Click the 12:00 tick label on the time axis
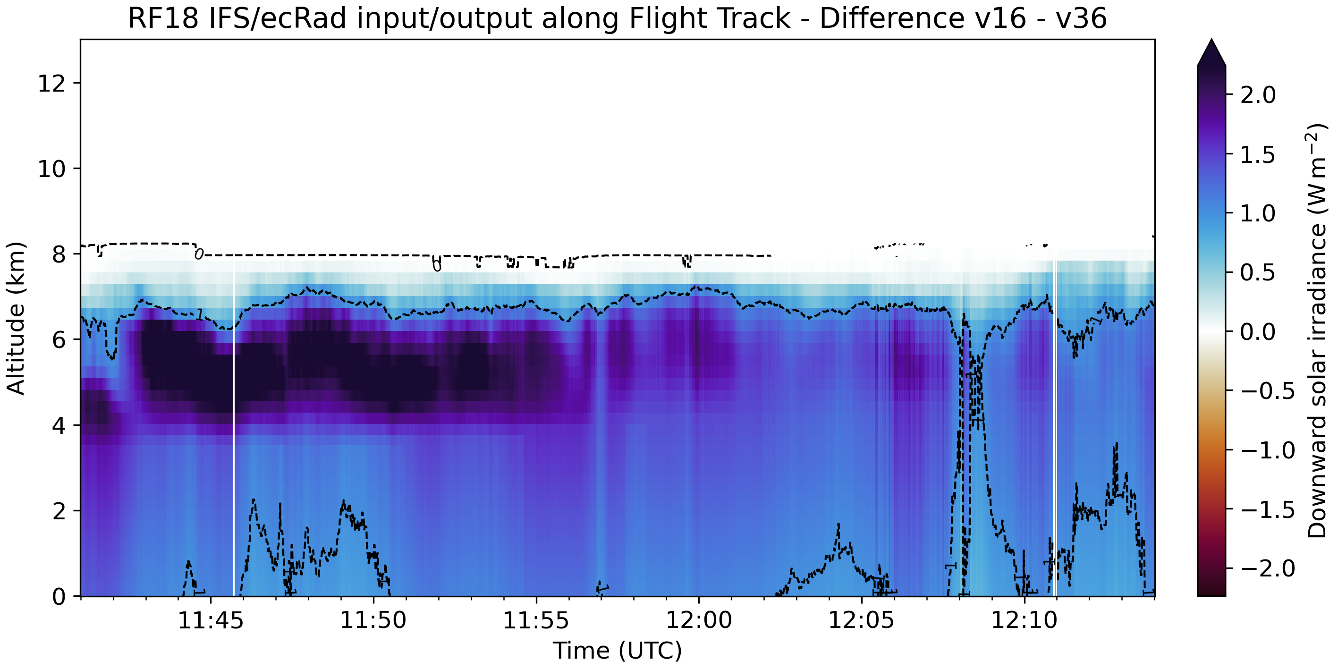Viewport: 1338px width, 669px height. [699, 621]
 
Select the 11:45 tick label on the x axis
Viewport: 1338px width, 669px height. [211, 621]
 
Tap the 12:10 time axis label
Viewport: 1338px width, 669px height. [1025, 621]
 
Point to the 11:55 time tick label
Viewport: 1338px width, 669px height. [536, 621]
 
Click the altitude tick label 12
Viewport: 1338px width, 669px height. [51, 83]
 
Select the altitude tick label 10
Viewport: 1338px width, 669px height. [51, 169]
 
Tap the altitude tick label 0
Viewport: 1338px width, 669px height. [59, 597]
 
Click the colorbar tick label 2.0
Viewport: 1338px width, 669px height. [1257, 95]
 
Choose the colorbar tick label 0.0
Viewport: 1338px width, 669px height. [1257, 331]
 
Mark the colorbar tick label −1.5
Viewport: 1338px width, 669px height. [1267, 510]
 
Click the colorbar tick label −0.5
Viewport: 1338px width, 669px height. [1267, 391]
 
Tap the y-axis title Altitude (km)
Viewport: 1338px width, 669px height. [16, 318]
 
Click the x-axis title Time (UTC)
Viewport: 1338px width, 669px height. [617, 651]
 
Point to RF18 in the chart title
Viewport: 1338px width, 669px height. [164, 19]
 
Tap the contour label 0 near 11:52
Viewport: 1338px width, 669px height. [437, 266]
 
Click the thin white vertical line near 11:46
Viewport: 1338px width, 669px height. [234, 426]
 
